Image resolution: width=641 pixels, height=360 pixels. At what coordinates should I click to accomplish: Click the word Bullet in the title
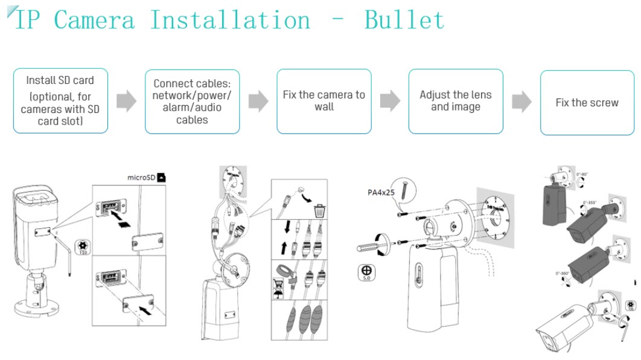tap(404, 20)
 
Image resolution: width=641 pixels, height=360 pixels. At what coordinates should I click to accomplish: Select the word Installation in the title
tap(230, 20)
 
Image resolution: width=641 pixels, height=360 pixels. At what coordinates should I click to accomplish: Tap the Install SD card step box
tap(60, 101)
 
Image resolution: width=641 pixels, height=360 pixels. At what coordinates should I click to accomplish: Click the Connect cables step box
tap(192, 101)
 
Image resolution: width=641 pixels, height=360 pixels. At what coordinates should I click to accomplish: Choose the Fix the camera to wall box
tap(324, 101)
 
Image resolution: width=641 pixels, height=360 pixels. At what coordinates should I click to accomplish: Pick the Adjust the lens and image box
tap(455, 101)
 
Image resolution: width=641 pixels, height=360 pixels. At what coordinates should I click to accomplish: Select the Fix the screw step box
tap(587, 102)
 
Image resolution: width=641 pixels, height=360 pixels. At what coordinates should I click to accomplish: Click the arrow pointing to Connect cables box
tap(126, 101)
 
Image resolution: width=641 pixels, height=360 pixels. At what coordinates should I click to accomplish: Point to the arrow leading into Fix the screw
tap(521, 101)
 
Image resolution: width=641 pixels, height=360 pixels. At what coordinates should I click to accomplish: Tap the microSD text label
tap(141, 178)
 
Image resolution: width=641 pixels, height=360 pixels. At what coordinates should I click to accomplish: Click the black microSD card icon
tap(161, 178)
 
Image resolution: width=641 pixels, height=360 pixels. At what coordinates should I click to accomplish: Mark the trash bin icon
tap(320, 211)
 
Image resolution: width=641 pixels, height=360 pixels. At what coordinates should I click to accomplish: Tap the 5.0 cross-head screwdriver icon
tap(366, 273)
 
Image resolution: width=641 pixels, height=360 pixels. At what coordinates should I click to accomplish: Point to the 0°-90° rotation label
tap(582, 175)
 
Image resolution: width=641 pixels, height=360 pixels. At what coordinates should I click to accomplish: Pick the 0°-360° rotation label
tap(563, 274)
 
